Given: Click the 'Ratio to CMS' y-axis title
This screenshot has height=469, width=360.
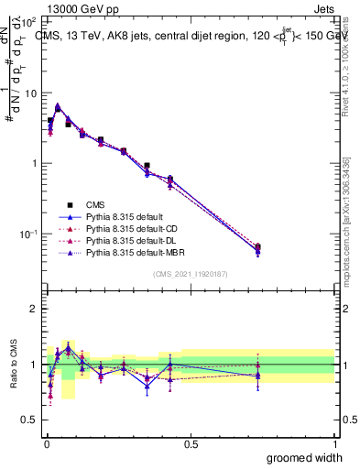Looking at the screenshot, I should pyautogui.click(x=13, y=365).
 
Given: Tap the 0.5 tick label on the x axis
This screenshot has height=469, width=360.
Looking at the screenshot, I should pyautogui.click(x=191, y=444).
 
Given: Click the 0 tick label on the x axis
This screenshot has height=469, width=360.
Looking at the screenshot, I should pyautogui.click(x=46, y=444).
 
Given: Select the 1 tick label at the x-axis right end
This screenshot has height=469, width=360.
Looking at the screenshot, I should pyautogui.click(x=334, y=444).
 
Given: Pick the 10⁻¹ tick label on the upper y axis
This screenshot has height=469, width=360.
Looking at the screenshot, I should pyautogui.click(x=29, y=234).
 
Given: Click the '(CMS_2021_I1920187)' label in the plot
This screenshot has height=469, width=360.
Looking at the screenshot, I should pyautogui.click(x=191, y=274).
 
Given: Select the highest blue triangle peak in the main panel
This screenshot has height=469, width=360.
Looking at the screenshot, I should pyautogui.click(x=59, y=105).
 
